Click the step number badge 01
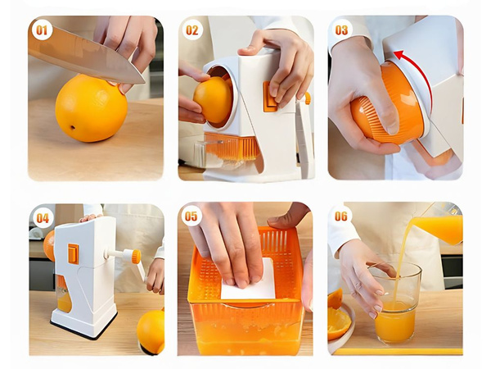[x=42, y=30]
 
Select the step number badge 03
[x=342, y=30]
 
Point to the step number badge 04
[x=42, y=217]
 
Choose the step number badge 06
[x=342, y=217]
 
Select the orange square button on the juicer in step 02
[x=269, y=96]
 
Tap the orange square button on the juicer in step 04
[x=74, y=253]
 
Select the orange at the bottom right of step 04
[x=151, y=330]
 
